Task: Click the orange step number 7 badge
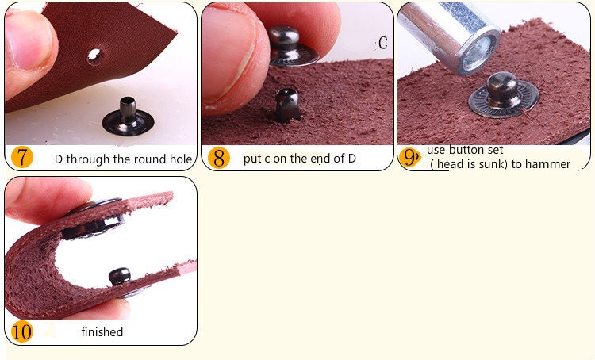(x=21, y=158)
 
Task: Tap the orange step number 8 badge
(x=219, y=158)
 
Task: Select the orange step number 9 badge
(x=410, y=157)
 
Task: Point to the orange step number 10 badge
(x=22, y=331)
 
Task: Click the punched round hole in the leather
(x=94, y=55)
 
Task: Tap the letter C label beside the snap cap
(x=382, y=43)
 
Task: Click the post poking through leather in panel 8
(x=287, y=105)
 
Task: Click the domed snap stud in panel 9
(x=504, y=95)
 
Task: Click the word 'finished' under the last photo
(x=102, y=332)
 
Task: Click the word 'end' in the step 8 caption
(x=317, y=158)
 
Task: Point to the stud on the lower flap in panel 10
(x=120, y=276)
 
